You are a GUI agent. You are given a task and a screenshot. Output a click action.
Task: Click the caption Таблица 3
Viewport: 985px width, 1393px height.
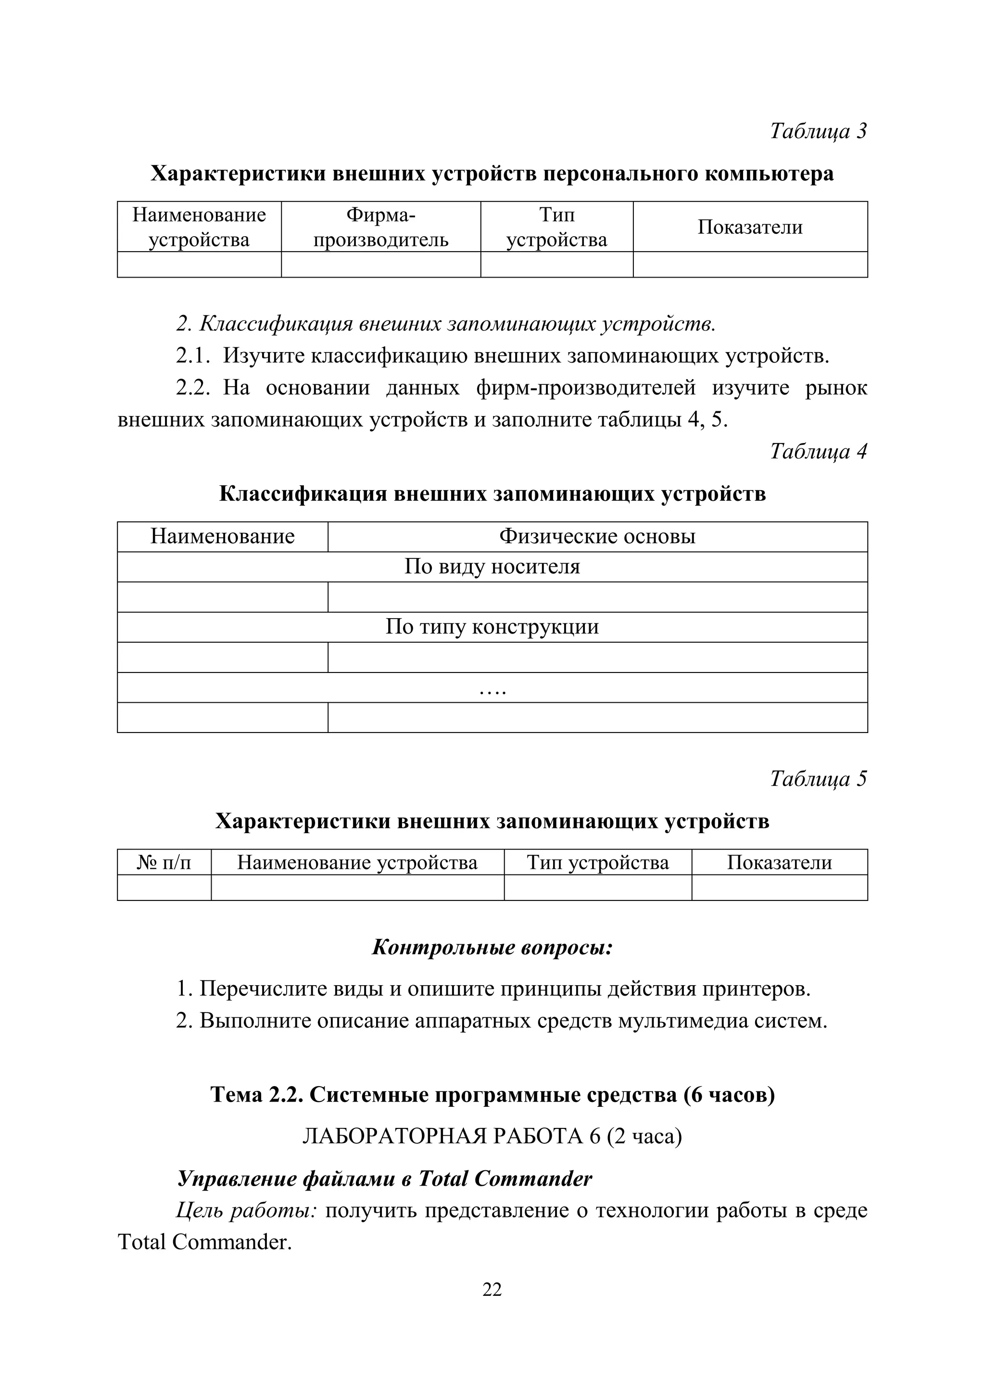pos(818,130)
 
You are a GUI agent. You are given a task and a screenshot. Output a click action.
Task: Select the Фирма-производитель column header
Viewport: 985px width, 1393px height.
pos(381,227)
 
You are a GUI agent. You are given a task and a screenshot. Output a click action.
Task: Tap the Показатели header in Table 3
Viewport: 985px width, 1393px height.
pos(750,227)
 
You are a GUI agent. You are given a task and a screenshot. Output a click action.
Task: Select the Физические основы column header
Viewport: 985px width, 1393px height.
pos(597,536)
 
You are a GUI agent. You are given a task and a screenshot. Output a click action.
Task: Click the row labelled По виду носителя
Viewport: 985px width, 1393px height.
pos(492,567)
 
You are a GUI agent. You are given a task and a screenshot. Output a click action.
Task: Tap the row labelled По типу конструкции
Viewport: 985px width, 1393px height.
pos(492,627)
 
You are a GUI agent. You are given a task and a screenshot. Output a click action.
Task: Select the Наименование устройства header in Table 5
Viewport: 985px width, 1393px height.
pos(357,862)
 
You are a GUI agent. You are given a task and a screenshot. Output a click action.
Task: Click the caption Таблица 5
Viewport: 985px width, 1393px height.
pos(818,778)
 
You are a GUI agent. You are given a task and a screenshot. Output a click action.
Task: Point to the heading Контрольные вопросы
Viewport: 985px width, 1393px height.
pos(492,947)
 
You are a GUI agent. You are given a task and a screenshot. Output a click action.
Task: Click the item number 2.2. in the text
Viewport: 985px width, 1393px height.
pos(193,388)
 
